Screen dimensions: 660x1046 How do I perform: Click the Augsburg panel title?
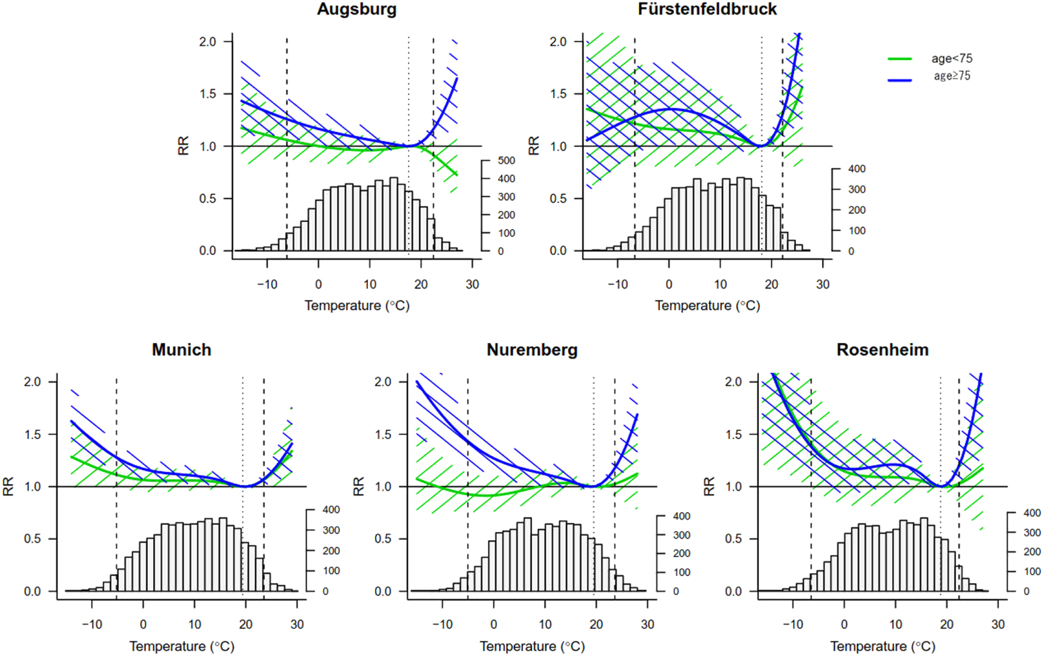tap(356, 9)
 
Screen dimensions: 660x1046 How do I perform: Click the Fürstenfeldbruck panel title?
tap(707, 9)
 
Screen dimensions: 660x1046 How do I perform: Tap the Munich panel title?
tap(181, 350)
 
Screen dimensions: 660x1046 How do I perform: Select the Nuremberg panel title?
tap(532, 350)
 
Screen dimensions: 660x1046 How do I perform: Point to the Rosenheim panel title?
tap(882, 350)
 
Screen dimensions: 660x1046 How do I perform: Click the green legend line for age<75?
tap(899, 59)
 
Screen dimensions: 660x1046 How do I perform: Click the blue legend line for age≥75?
tap(899, 80)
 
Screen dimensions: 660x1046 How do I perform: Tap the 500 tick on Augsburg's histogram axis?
tap(506, 161)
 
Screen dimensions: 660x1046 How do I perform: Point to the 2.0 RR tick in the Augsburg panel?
tap(207, 41)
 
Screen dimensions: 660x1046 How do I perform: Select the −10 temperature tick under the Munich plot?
tap(92, 625)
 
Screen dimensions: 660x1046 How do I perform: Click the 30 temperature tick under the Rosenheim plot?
tap(998, 625)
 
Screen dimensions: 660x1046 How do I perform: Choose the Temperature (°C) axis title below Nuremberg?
tap(532, 647)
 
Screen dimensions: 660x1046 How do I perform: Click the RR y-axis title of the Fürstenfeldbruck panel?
tap(534, 146)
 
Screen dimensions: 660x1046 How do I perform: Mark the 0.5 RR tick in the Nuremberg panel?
tap(383, 539)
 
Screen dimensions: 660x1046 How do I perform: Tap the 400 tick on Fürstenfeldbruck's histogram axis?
tap(857, 169)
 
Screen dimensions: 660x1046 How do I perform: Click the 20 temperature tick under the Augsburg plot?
tap(421, 284)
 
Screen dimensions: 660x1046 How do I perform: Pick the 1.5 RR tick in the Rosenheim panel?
tap(733, 434)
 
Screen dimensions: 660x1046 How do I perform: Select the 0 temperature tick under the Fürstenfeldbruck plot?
tap(669, 284)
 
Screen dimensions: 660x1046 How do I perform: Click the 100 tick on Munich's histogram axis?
tap(331, 571)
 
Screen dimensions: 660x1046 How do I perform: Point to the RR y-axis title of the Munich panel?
tap(9, 487)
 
